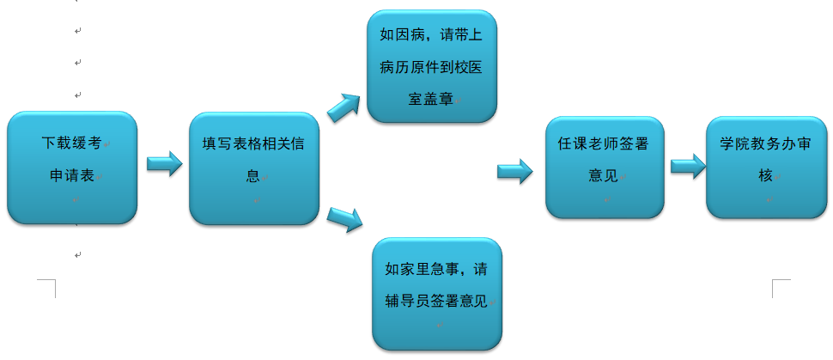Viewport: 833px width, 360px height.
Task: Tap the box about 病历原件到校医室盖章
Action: point(431,67)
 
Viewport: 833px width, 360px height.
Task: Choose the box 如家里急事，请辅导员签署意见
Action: point(436,292)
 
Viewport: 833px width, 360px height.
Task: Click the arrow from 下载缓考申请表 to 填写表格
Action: point(164,163)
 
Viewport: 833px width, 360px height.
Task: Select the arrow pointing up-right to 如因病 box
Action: point(344,105)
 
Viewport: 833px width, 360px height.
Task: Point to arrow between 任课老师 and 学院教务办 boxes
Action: point(687,166)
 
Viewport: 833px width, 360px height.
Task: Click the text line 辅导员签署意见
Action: point(436,301)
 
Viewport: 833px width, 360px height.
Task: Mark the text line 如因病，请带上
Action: point(430,37)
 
